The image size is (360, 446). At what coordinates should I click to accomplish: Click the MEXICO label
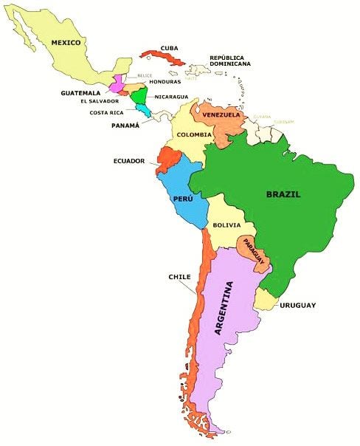(x=66, y=43)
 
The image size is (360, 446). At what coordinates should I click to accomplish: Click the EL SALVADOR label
(x=99, y=101)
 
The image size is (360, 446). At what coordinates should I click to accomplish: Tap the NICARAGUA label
(x=171, y=97)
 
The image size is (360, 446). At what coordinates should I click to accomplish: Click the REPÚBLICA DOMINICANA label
(x=230, y=61)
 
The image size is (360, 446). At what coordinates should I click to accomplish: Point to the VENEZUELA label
(x=219, y=115)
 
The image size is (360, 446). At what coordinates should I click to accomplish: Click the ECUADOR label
(x=128, y=160)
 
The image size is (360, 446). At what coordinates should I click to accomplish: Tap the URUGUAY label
(x=298, y=305)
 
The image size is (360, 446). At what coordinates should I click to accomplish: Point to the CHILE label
(x=179, y=277)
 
